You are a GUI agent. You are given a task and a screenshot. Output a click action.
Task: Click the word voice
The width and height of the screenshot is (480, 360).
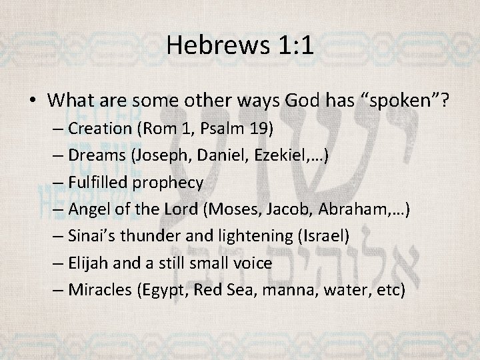(x=250, y=263)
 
